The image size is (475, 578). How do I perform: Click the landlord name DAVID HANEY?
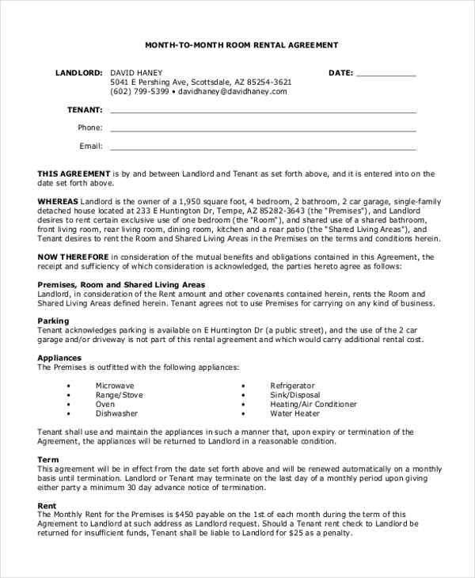pyautogui.click(x=137, y=72)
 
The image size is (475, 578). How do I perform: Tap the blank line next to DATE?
pyautogui.click(x=386, y=74)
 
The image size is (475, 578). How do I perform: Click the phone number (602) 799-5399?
pyautogui.click(x=140, y=92)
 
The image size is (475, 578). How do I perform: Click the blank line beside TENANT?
pyautogui.click(x=263, y=111)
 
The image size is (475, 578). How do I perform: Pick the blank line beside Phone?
pyautogui.click(x=263, y=129)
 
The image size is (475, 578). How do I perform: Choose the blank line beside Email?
pyautogui.click(x=263, y=147)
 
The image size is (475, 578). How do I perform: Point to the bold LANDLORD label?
pyautogui.click(x=79, y=72)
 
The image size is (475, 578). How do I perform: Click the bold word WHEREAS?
pyautogui.click(x=58, y=202)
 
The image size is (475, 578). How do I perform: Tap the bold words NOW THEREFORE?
pyautogui.click(x=73, y=257)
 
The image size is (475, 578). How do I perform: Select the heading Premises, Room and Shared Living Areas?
pyautogui.click(x=121, y=284)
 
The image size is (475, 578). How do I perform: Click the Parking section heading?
pyautogui.click(x=54, y=321)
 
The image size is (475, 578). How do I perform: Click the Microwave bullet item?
pyautogui.click(x=116, y=385)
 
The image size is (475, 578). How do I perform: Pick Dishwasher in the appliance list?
pyautogui.click(x=117, y=413)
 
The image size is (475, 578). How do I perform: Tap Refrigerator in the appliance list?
pyautogui.click(x=292, y=385)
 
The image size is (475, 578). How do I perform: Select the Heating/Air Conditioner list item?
pyautogui.click(x=313, y=404)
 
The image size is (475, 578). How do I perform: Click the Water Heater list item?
pyautogui.click(x=295, y=413)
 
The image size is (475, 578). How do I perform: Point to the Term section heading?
pyautogui.click(x=48, y=459)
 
